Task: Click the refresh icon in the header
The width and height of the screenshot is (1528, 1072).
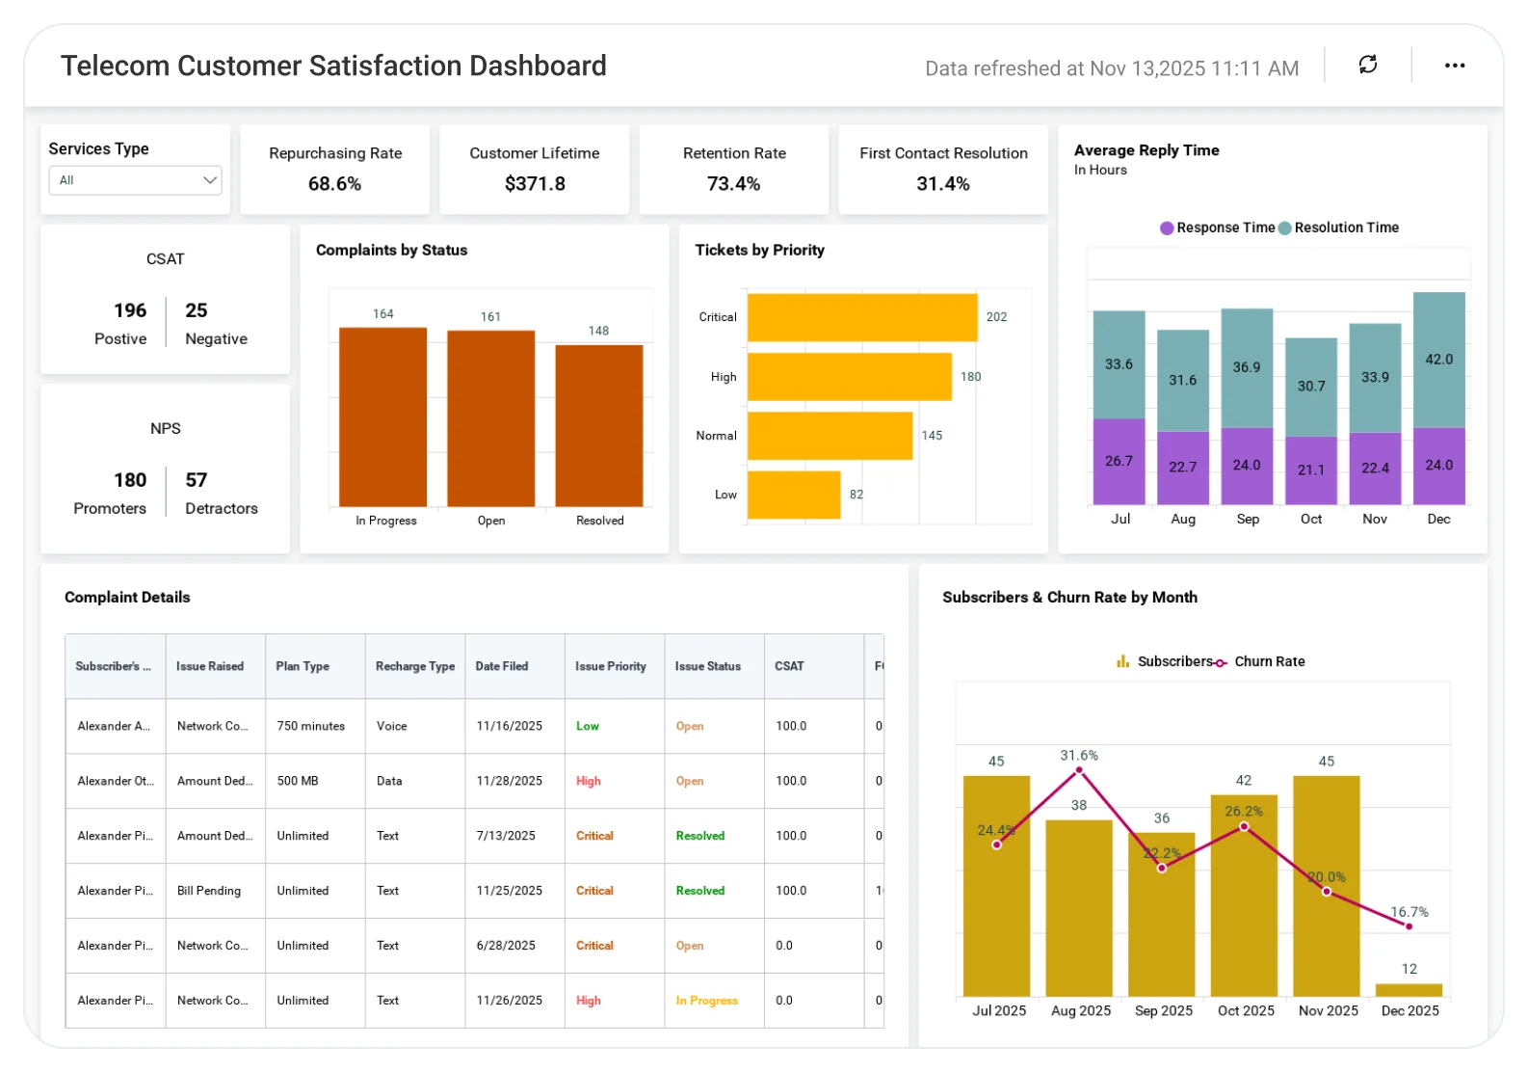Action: (x=1367, y=65)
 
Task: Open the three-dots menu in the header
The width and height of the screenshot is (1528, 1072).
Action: (x=1454, y=66)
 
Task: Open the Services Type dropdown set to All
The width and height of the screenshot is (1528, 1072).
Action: (x=135, y=180)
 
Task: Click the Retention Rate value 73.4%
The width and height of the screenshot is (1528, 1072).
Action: (x=733, y=183)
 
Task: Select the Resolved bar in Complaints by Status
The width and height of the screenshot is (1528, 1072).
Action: (x=599, y=425)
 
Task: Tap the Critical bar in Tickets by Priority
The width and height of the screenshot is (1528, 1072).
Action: (x=862, y=317)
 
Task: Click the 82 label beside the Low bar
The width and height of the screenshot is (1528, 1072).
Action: (x=856, y=495)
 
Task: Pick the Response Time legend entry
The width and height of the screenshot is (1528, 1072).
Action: (x=1217, y=228)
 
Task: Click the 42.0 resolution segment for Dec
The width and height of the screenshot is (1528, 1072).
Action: (x=1438, y=360)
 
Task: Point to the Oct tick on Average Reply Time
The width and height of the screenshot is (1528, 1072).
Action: (x=1311, y=519)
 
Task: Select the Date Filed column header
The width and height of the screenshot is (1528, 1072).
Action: (x=502, y=666)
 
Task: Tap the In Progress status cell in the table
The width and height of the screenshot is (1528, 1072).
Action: (x=706, y=1001)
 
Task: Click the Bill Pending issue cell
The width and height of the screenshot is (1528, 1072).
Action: (x=209, y=891)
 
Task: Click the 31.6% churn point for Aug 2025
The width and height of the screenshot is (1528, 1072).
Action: (x=1079, y=770)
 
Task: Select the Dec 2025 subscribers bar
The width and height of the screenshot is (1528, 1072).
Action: (x=1409, y=989)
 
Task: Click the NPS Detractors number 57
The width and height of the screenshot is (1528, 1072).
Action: (x=197, y=480)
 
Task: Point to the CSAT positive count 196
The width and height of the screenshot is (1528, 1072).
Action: (x=130, y=310)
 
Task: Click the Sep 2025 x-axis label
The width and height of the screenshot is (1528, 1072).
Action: (x=1163, y=1010)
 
